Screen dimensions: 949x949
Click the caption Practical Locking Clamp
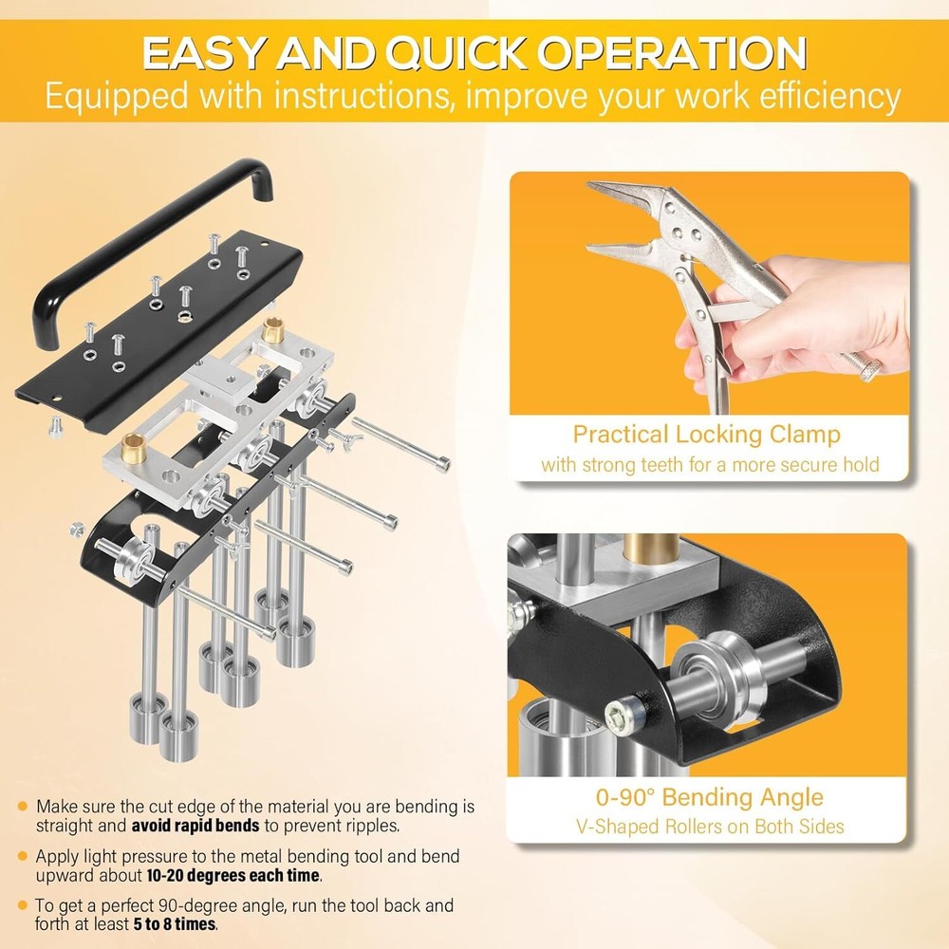pos(707,435)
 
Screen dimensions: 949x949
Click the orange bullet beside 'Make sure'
pos(22,807)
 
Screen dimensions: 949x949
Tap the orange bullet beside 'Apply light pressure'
pos(22,857)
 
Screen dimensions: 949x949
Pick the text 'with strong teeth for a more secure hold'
pos(710,465)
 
